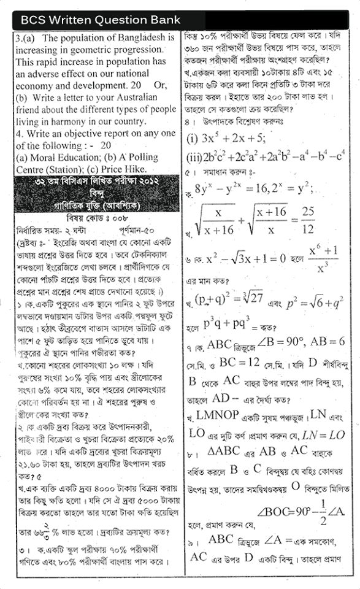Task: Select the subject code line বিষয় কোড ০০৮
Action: (91, 217)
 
